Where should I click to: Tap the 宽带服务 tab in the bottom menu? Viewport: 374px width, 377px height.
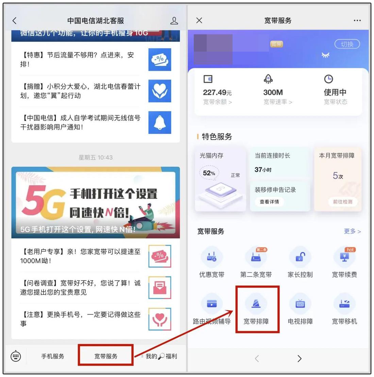pos(106,356)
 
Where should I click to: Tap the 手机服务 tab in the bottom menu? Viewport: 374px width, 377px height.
pos(53,356)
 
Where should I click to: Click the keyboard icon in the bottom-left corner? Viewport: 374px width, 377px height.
pos(16,356)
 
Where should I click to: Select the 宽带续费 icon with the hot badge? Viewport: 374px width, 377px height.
pos(344,257)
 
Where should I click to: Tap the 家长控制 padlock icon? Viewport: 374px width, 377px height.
pos(300,257)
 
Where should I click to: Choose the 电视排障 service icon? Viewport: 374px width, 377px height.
pos(300,304)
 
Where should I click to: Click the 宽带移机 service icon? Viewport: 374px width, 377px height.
pos(344,304)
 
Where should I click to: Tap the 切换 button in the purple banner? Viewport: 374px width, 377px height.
pos(347,44)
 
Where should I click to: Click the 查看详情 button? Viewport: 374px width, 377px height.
pos(269,202)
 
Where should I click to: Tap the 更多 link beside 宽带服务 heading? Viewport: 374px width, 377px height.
pos(352,231)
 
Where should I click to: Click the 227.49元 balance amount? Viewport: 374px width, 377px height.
pos(217,92)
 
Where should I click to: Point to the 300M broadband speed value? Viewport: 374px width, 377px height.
pos(273,92)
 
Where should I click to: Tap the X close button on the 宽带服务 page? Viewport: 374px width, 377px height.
pos(199,20)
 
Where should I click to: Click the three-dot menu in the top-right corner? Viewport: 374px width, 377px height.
pos(357,20)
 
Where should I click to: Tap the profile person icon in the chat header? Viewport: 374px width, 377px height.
pos(174,21)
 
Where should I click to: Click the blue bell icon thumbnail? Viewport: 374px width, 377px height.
pos(160,122)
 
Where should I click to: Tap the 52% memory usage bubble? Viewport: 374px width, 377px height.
pos(209,173)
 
